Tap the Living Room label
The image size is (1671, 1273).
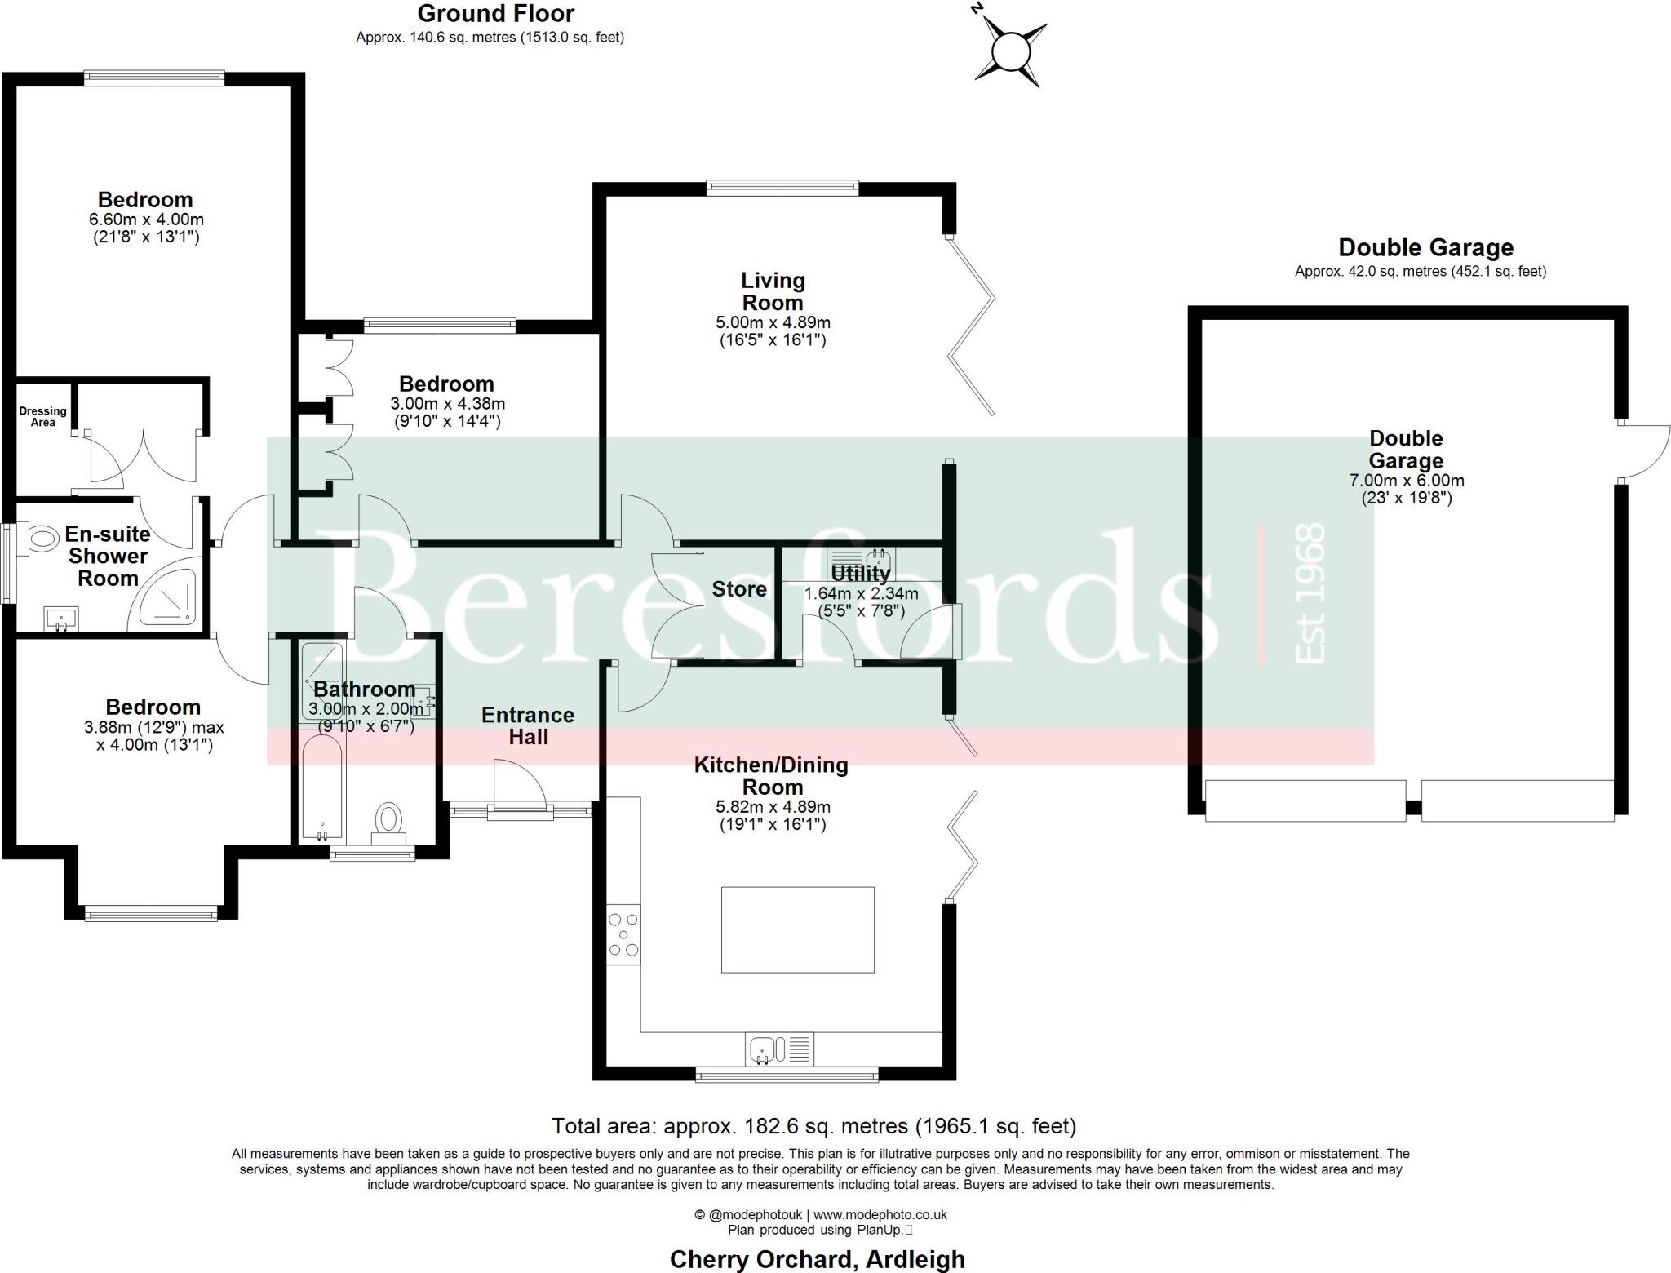773,291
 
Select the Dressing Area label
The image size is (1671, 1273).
42,416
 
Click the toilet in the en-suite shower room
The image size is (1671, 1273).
39,539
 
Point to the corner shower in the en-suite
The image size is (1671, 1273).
166,595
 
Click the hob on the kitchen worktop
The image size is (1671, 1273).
623,934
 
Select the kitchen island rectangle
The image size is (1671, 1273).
797,929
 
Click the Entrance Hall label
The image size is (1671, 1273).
528,725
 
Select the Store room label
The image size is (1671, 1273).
738,589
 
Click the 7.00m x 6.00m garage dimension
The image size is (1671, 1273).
1407,481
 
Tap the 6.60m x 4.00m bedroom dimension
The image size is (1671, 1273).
146,220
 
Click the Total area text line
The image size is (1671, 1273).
813,1126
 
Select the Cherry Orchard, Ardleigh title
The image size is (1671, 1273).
817,1259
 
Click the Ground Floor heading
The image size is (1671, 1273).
495,14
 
